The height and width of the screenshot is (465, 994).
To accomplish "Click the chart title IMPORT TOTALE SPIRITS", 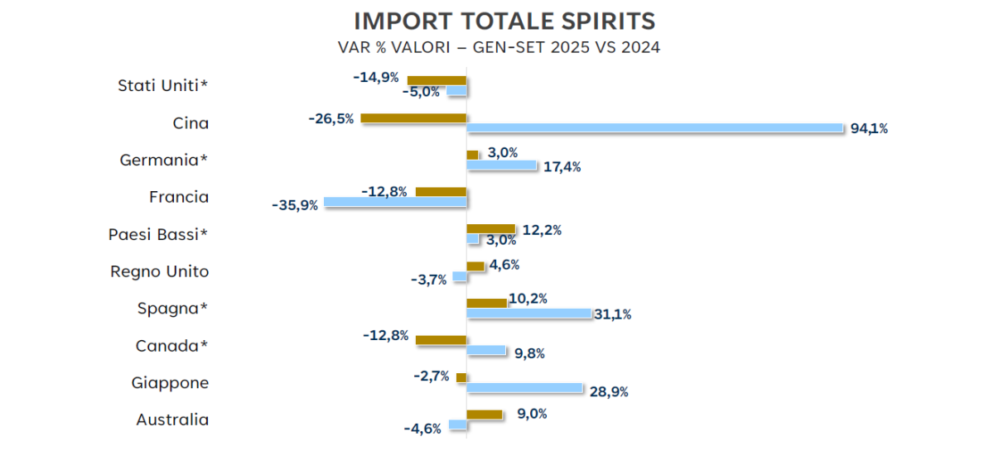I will pyautogui.click(x=504, y=21).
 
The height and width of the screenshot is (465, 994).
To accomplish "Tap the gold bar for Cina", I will pyautogui.click(x=413, y=118).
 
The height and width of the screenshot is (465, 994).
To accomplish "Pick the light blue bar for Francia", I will pyautogui.click(x=395, y=202).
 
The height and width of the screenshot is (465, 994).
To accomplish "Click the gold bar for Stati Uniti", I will pyautogui.click(x=437, y=80).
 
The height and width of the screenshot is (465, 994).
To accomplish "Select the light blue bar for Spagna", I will pyautogui.click(x=528, y=314).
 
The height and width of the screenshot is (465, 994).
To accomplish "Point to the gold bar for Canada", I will pyautogui.click(x=441, y=340).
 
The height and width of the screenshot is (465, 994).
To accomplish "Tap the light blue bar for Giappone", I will pyautogui.click(x=525, y=387).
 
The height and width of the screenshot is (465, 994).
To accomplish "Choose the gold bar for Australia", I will pyautogui.click(x=485, y=415).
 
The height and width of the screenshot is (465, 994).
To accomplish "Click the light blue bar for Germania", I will pyautogui.click(x=502, y=165).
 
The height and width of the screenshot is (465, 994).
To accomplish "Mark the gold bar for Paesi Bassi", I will pyautogui.click(x=491, y=228).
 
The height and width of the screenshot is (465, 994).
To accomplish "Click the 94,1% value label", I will pyautogui.click(x=869, y=128).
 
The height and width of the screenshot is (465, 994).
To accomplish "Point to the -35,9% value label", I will pyautogui.click(x=295, y=204).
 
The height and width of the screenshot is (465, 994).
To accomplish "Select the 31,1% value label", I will pyautogui.click(x=613, y=314).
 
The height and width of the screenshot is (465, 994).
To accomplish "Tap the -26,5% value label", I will pyautogui.click(x=331, y=118).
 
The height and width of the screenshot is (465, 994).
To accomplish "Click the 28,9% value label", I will pyautogui.click(x=609, y=391).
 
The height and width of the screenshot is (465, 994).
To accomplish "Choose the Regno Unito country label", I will pyautogui.click(x=159, y=271).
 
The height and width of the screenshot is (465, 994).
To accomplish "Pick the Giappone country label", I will pyautogui.click(x=170, y=383).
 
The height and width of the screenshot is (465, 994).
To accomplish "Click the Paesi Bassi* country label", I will pyautogui.click(x=158, y=234).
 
